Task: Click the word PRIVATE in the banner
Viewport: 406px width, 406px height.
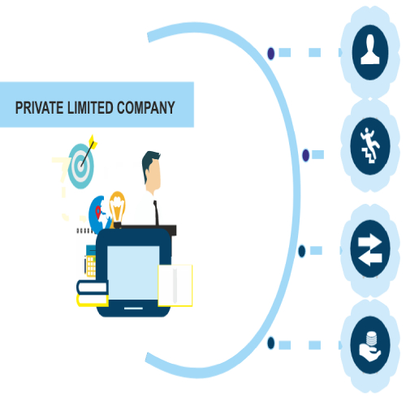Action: pyautogui.click(x=39, y=108)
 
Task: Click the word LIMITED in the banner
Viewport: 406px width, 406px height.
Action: pyautogui.click(x=90, y=108)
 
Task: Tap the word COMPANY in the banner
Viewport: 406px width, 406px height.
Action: pyautogui.click(x=146, y=108)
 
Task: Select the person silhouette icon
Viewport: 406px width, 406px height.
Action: pyautogui.click(x=370, y=50)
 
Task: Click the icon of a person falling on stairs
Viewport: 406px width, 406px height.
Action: pyautogui.click(x=370, y=145)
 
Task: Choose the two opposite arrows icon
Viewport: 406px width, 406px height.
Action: pyautogui.click(x=369, y=250)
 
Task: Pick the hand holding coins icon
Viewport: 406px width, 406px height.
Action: pyautogui.click(x=370, y=347)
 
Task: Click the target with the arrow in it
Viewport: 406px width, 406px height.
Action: pyautogui.click(x=81, y=165)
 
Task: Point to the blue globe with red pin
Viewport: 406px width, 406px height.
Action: pyautogui.click(x=100, y=214)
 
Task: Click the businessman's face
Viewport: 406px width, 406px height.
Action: pyautogui.click(x=153, y=175)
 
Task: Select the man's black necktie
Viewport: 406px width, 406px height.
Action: pyautogui.click(x=156, y=213)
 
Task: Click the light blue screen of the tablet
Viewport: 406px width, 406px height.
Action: pyautogui.click(x=133, y=273)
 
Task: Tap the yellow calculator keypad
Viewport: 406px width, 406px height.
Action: pyautogui.click(x=91, y=266)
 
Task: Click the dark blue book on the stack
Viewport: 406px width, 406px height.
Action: pyautogui.click(x=93, y=287)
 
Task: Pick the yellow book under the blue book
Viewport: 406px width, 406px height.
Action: pyautogui.click(x=93, y=300)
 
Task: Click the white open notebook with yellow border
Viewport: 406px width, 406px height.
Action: pyautogui.click(x=175, y=286)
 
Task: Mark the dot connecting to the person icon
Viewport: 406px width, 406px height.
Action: pyautogui.click(x=271, y=54)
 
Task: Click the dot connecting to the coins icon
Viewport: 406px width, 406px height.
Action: pyautogui.click(x=271, y=343)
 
